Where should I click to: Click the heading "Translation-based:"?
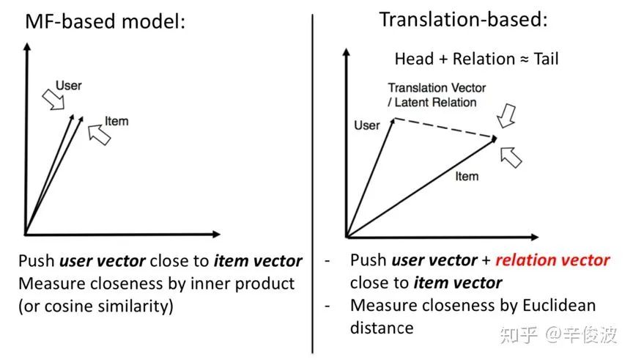pos(463,20)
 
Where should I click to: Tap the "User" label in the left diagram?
pos(69,87)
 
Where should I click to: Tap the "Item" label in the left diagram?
pos(116,121)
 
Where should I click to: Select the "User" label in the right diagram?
pos(366,125)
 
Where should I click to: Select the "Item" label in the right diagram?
pos(467,176)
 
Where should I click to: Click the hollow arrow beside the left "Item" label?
pos(99,134)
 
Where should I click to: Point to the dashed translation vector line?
pos(445,129)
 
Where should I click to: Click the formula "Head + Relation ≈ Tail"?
pos(476,59)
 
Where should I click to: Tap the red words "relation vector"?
pos(552,260)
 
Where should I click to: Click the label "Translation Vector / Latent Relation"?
pos(437,95)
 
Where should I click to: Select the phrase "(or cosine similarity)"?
pos(96,305)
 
